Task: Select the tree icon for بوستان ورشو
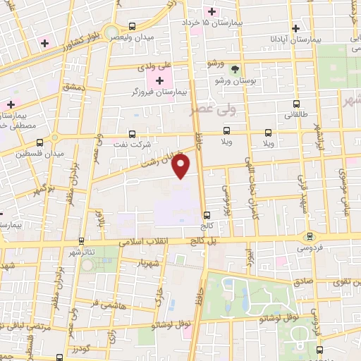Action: coord(235,69)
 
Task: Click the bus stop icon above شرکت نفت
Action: coord(132,133)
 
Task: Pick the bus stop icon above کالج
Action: coord(207,216)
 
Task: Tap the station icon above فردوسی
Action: coord(309,236)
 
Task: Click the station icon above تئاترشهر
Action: coord(82,240)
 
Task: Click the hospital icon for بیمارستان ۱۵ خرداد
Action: coord(209,11)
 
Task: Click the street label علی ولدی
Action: coord(155,65)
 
